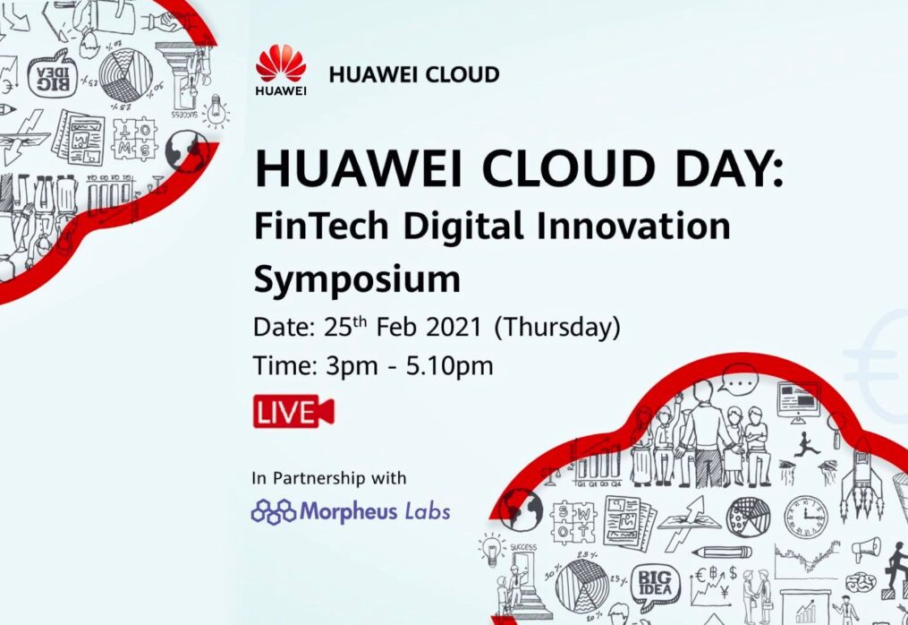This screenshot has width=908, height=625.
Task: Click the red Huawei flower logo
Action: (x=281, y=64)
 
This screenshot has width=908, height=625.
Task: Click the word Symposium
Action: (x=357, y=280)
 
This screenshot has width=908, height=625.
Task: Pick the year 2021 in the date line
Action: (x=454, y=328)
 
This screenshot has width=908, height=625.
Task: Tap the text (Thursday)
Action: (x=557, y=328)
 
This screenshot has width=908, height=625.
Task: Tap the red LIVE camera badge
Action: (x=293, y=411)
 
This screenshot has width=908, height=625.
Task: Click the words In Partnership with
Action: (x=329, y=478)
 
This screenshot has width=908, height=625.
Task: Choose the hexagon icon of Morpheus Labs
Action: (x=274, y=512)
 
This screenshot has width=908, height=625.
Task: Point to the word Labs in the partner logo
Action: (x=428, y=511)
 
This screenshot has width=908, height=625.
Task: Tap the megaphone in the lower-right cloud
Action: (x=867, y=549)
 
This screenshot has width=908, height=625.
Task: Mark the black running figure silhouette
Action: (x=807, y=444)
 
